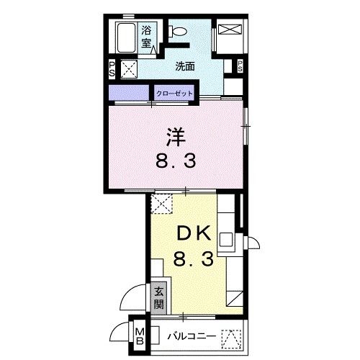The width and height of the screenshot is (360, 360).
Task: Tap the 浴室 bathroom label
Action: [147, 37]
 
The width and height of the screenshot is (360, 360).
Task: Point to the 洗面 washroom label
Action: [185, 67]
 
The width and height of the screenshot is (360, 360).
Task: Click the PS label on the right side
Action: [239, 68]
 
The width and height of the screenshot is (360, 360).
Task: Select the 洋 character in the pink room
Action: [175, 135]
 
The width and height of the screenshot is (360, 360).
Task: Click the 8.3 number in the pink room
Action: [176, 161]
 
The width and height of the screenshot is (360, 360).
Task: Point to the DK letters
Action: [193, 234]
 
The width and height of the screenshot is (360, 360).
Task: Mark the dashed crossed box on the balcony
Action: [230, 337]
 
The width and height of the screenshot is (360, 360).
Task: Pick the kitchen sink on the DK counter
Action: [226, 241]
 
